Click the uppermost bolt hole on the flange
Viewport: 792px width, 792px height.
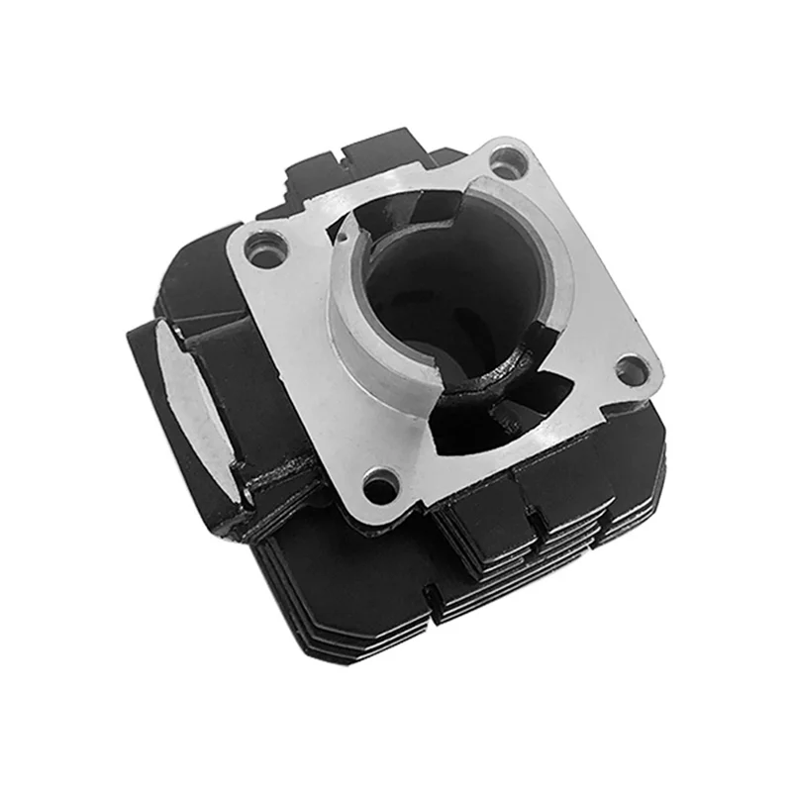pyautogui.click(x=507, y=159)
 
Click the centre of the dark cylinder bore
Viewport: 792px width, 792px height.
pyautogui.click(x=436, y=287)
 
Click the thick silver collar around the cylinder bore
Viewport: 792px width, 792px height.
pyautogui.click(x=346, y=317)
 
